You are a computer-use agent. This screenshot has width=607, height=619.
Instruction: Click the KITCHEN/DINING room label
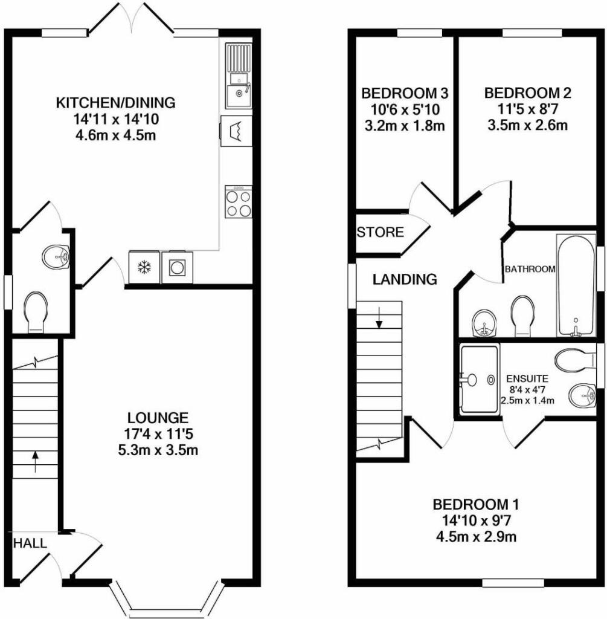(115, 102)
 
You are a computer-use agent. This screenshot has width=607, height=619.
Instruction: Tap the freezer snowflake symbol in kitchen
(144, 267)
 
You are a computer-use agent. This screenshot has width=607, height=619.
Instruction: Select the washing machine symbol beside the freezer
(177, 267)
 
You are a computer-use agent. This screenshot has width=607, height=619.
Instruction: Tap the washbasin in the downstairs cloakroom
(56, 256)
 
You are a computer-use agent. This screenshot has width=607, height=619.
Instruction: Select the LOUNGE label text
(158, 417)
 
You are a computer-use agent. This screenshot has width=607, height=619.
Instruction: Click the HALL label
(30, 543)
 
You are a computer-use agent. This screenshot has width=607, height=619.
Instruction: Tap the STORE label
(380, 232)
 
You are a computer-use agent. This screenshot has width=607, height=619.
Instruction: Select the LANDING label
(405, 279)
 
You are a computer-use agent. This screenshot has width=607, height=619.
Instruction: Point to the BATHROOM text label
(530, 269)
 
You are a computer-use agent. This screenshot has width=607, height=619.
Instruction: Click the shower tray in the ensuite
(480, 379)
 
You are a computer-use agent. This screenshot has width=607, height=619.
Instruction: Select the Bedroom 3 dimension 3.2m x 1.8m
(404, 126)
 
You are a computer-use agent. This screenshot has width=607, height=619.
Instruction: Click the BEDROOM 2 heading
(528, 93)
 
